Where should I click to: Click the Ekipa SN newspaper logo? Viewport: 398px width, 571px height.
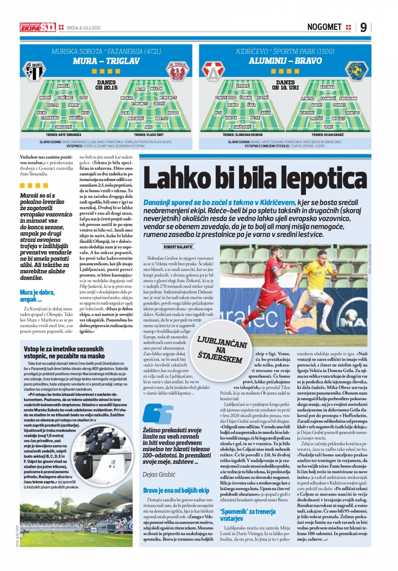tap(38, 27)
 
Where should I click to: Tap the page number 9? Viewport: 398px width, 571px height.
tap(363, 27)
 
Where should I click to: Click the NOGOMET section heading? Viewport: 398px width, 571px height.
tap(324, 27)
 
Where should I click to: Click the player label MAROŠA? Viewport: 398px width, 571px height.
tap(63, 86)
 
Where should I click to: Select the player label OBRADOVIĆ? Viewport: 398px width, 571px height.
tap(63, 127)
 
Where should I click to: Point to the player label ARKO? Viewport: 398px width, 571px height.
tap(149, 127)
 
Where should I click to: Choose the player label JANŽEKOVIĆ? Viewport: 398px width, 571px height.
tap(242, 127)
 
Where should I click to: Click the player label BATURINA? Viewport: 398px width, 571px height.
tap(327, 87)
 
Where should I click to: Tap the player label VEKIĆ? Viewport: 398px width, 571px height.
tap(328, 127)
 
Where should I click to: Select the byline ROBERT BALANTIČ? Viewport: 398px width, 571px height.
tap(178, 247)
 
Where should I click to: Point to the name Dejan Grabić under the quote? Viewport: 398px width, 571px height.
tap(159, 474)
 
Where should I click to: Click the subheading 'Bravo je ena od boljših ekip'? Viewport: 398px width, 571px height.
tap(176, 491)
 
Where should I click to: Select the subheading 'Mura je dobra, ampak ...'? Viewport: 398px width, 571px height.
tap(37, 296)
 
